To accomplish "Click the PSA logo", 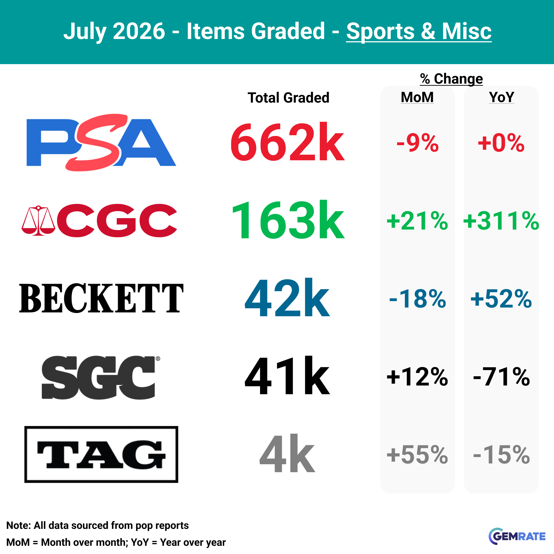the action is click(101, 143).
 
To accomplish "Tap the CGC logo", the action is click(100, 220).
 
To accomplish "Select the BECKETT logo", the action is click(101, 298).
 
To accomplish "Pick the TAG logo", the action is click(101, 454).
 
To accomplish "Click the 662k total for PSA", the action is click(287, 143).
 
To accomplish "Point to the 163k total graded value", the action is click(288, 220).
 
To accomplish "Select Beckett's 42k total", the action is click(287, 298).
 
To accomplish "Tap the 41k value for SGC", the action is click(287, 376).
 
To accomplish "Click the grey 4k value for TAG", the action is click(287, 454).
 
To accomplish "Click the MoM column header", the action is click(417, 97).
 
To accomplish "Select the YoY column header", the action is click(501, 97).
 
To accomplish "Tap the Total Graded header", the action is click(289, 98).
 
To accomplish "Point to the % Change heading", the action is click(451, 78).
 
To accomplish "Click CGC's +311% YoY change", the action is click(501, 221).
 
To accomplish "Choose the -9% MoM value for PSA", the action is click(418, 143).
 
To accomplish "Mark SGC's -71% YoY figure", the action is click(501, 377).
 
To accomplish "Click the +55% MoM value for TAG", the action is click(417, 454).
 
